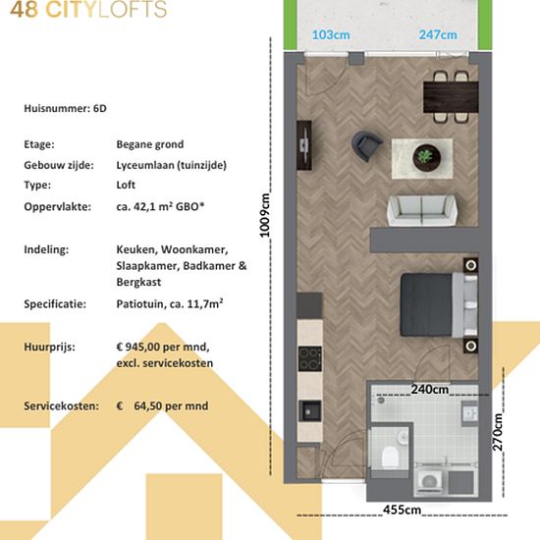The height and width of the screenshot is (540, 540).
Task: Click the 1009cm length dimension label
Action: (x=264, y=216)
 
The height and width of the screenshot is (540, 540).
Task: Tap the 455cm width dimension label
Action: (x=402, y=510)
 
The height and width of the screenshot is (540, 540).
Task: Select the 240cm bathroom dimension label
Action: (x=429, y=389)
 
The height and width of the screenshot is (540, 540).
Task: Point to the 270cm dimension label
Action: (x=498, y=432)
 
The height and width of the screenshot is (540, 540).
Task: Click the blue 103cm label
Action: (x=331, y=34)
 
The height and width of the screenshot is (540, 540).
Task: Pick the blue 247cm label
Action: (x=438, y=34)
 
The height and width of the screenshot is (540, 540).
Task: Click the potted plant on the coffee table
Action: (x=426, y=157)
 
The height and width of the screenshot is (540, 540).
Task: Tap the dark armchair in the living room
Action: (x=366, y=145)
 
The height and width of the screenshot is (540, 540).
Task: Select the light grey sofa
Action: (x=422, y=210)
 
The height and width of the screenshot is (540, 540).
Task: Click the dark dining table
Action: (x=451, y=97)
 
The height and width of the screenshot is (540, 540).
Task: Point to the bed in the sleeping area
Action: (x=439, y=304)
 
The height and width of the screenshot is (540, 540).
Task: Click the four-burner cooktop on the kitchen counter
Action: (x=309, y=358)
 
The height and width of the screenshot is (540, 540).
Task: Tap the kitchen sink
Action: (x=309, y=410)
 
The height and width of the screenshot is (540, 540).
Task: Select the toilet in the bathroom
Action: (x=390, y=457)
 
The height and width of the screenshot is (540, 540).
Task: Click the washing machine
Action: (x=429, y=481)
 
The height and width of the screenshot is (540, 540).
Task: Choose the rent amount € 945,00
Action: (x=138, y=347)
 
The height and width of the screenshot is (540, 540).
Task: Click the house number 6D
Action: (x=100, y=108)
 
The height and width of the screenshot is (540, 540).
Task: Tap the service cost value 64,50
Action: (x=146, y=406)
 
